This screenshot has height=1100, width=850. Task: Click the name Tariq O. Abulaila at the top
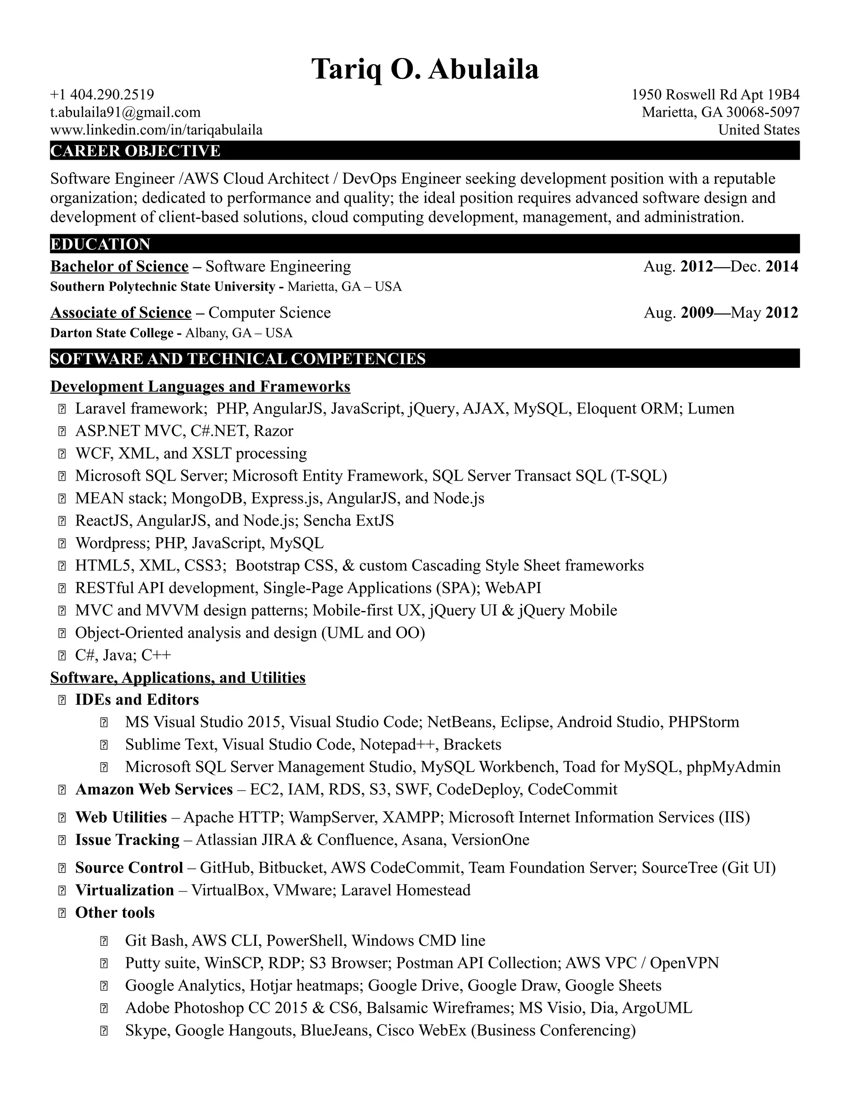coord(425,69)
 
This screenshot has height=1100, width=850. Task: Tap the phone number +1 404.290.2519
coord(102,95)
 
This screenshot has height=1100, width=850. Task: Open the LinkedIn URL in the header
coord(156,130)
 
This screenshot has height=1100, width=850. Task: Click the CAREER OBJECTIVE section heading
coord(135,151)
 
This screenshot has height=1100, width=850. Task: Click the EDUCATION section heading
coord(100,244)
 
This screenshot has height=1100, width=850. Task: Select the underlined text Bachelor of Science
coord(120,266)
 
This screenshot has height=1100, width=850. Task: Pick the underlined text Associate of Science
coord(121,313)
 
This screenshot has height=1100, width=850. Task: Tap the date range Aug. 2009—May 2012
coord(721,313)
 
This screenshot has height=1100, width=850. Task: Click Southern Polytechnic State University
coord(163,286)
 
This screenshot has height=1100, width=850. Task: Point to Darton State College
coord(112,333)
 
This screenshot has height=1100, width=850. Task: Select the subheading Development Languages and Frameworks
coord(200,386)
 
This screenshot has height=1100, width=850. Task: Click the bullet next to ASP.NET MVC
coord(62,431)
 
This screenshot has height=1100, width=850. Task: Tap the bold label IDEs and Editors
coord(137,699)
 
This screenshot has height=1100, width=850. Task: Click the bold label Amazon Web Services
coord(154,789)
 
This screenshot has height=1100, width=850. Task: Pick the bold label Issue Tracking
coord(127,840)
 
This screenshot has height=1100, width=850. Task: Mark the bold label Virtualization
coord(125,890)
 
